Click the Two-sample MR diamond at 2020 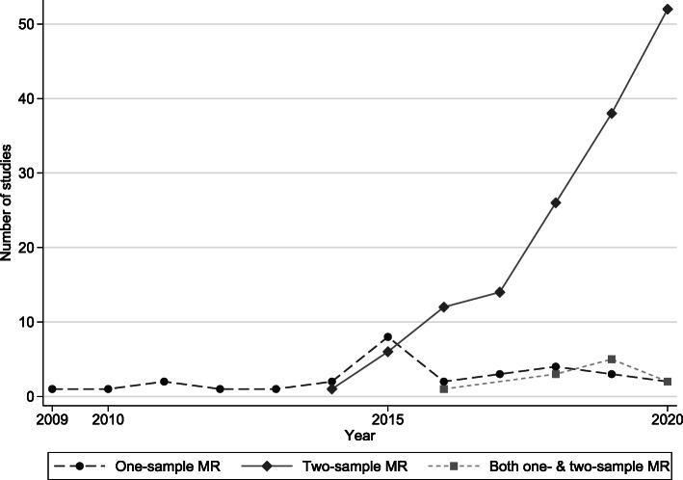point(668,10)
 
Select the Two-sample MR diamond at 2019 point(612,114)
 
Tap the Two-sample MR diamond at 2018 point(556,202)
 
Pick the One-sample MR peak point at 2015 point(387,336)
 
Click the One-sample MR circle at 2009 point(51,388)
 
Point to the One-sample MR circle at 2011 point(164,382)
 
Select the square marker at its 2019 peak point(612,360)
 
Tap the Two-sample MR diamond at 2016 point(443,307)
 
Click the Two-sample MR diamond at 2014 point(331,388)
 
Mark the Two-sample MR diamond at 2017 point(499,292)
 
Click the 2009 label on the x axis point(51,419)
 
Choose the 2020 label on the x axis point(666,419)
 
